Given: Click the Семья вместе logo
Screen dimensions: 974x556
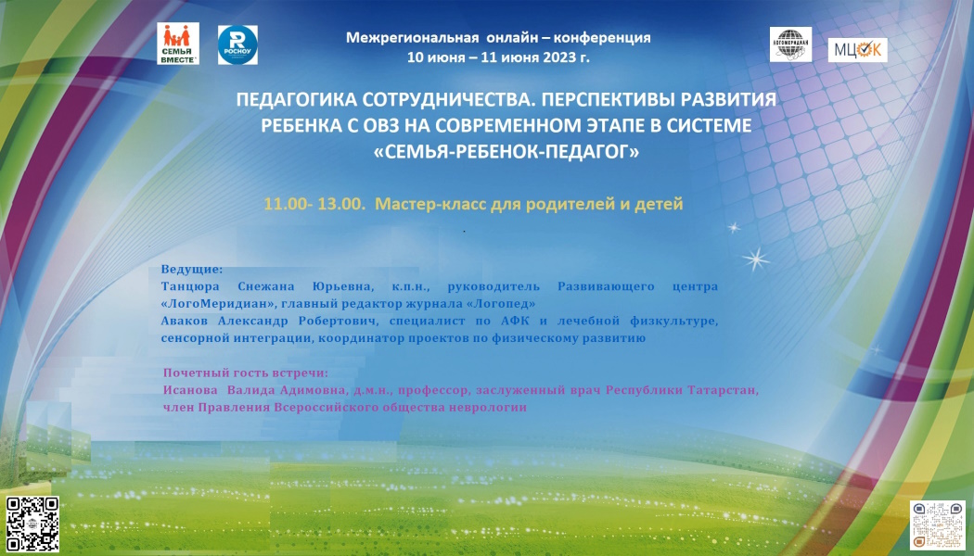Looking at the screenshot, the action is click(x=178, y=44).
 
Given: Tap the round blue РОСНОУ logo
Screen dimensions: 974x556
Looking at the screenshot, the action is click(x=237, y=44).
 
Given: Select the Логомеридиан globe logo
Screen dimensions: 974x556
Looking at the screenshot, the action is click(x=790, y=44).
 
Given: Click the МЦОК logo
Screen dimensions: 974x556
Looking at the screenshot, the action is click(x=857, y=50).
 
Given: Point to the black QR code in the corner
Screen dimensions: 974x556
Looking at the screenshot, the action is click(x=32, y=524).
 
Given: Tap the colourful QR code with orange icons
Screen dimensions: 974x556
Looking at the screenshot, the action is click(x=938, y=525).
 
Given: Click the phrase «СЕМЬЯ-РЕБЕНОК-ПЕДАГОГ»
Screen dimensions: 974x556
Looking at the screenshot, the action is click(x=506, y=151).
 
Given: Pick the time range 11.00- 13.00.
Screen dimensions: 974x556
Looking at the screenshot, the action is click(x=315, y=204).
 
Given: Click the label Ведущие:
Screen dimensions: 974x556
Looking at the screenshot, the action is click(x=191, y=270).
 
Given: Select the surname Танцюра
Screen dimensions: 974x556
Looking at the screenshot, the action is click(x=190, y=286).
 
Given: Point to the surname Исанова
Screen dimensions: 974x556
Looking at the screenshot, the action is click(x=190, y=390).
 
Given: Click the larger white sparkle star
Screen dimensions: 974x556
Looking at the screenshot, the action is click(x=756, y=259).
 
